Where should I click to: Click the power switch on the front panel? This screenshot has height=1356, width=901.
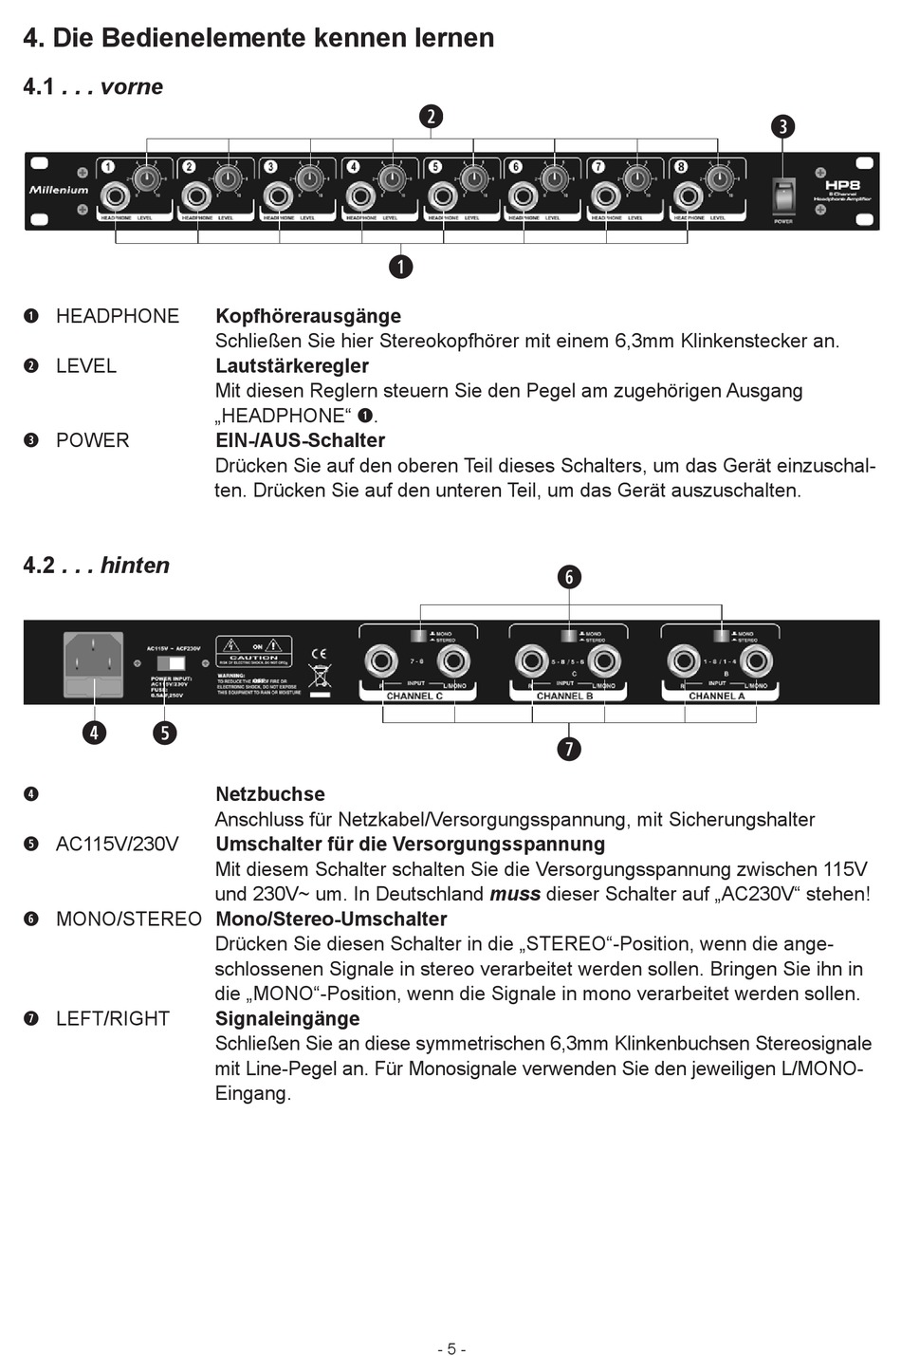click(x=783, y=196)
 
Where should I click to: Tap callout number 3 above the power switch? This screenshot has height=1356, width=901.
click(x=782, y=126)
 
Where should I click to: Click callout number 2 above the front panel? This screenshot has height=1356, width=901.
click(x=431, y=117)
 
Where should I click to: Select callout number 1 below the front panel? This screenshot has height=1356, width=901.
click(x=401, y=267)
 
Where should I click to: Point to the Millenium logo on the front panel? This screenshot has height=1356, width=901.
click(x=59, y=190)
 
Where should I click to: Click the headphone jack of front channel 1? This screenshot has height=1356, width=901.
click(x=117, y=197)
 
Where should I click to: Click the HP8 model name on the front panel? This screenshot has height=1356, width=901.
click(x=841, y=186)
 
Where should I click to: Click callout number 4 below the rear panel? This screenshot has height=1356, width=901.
click(x=94, y=733)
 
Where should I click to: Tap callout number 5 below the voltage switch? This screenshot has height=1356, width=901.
click(x=165, y=733)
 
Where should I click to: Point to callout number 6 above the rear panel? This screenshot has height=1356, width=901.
click(x=569, y=577)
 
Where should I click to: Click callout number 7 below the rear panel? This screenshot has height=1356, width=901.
click(x=569, y=749)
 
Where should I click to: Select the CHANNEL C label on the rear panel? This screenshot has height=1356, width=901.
click(x=414, y=696)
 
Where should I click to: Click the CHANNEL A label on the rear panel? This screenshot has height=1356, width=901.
click(x=717, y=696)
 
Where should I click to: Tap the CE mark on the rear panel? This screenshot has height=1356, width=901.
click(x=319, y=654)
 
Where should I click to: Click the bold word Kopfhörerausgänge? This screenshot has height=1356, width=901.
click(x=308, y=316)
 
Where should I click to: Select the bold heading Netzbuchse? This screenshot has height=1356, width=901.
click(x=270, y=794)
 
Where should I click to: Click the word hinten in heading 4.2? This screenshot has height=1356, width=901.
click(x=135, y=566)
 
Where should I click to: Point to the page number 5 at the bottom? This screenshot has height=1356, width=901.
click(x=451, y=1348)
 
